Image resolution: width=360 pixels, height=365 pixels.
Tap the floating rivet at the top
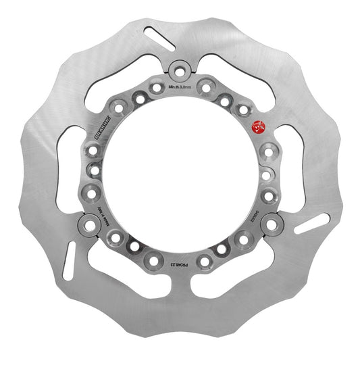click(x=180, y=70)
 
